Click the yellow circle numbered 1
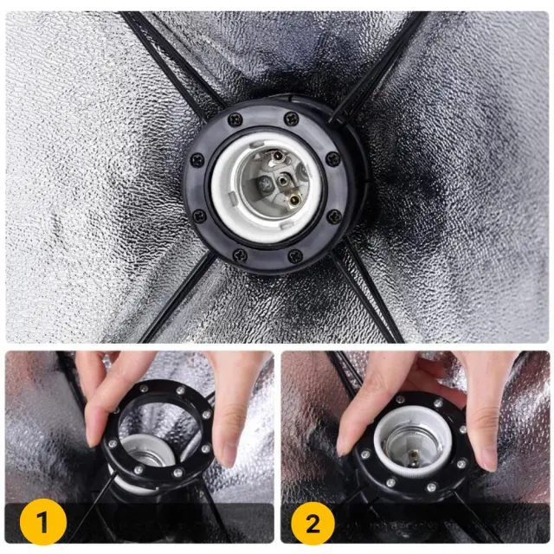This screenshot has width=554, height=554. [x=43, y=522]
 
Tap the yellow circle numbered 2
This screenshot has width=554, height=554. [x=312, y=524]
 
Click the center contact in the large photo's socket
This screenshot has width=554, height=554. [x=283, y=181]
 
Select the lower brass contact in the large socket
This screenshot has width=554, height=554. [x=293, y=201]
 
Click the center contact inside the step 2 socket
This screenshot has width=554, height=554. [x=413, y=455]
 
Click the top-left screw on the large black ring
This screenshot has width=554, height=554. [x=235, y=119]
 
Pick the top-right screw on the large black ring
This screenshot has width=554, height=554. [x=292, y=118]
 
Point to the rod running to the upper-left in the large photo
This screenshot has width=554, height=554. [x=170, y=63]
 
